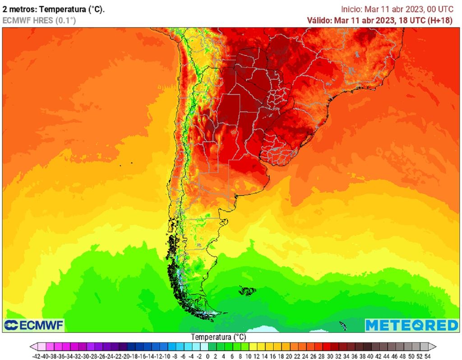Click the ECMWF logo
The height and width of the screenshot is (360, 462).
tap(34, 325)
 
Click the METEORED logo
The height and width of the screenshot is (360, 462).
tap(411, 325)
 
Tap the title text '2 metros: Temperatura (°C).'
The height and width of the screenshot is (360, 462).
tap(54, 9)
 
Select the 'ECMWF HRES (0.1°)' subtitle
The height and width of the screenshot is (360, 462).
tap(39, 20)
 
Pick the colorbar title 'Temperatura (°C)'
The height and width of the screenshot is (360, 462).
tap(218, 337)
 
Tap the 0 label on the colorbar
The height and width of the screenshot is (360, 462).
tap(207, 356)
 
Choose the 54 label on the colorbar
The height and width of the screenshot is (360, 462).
tap(427, 356)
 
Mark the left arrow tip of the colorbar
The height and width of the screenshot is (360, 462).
tap(31, 346)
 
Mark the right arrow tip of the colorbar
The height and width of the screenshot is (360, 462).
tap(436, 346)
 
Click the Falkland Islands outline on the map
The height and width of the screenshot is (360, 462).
tap(247, 291)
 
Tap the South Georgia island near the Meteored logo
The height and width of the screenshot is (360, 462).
tap(343, 325)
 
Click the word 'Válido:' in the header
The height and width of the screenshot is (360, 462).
tap(319, 20)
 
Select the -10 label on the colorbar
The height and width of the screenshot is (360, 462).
tap(166, 356)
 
